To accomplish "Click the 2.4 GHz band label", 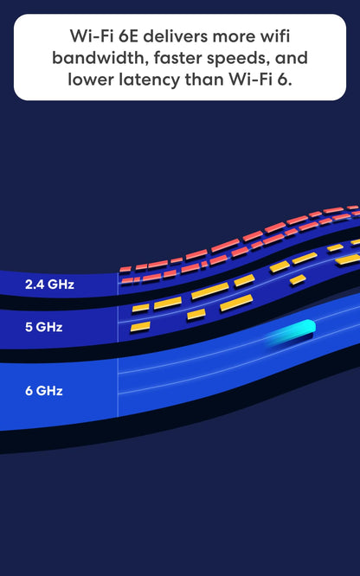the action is pyautogui.click(x=49, y=285).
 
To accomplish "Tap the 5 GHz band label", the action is pyautogui.click(x=44, y=327).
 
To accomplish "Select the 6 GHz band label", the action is pyautogui.click(x=44, y=391).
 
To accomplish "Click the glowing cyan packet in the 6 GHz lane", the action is pyautogui.click(x=292, y=332).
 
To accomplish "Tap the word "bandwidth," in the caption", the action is pyautogui.click(x=100, y=58).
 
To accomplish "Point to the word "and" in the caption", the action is pyautogui.click(x=292, y=58).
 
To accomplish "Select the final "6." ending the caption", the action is pyautogui.click(x=284, y=80).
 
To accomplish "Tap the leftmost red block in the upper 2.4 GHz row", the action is pyautogui.click(x=125, y=270).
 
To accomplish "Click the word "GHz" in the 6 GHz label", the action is pyautogui.click(x=49, y=391).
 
